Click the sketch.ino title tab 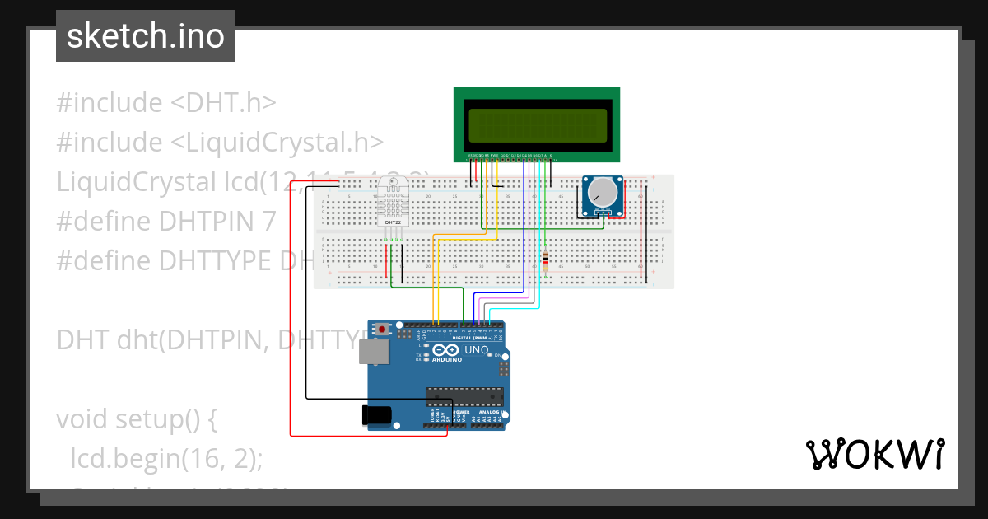pyautogui.click(x=146, y=36)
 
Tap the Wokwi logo pyautogui.click(x=874, y=454)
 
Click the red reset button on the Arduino pyautogui.click(x=382, y=329)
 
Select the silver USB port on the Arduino pyautogui.click(x=375, y=353)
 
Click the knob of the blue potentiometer pyautogui.click(x=602, y=193)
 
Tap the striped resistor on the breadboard pyautogui.click(x=545, y=261)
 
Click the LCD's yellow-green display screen pyautogui.click(x=537, y=124)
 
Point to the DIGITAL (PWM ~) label pyautogui.click(x=472, y=338)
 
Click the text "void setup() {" pyautogui.click(x=136, y=418)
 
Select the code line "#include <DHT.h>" pyautogui.click(x=165, y=103)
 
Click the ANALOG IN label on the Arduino pyautogui.click(x=492, y=412)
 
